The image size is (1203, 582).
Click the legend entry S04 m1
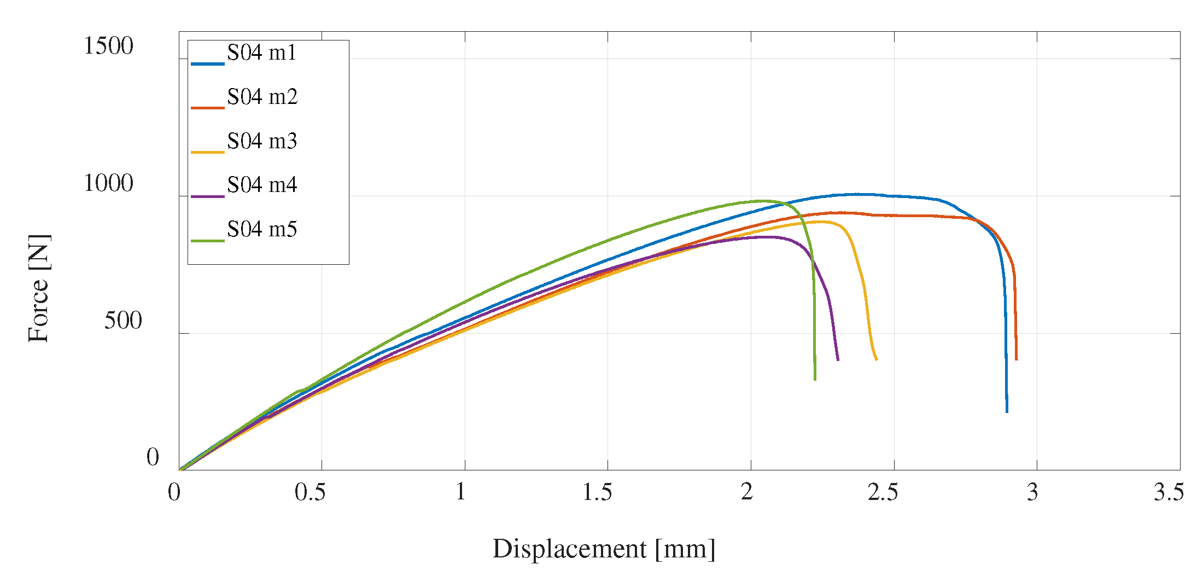pos(261,53)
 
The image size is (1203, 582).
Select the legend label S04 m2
pos(262,97)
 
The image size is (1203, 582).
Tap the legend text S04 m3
pos(262,142)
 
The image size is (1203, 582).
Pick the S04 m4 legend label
pos(262,185)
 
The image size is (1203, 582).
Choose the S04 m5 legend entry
pos(262,230)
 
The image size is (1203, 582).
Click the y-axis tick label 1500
pos(108,46)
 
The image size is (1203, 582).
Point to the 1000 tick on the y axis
pos(108,183)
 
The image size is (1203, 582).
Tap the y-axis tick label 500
pos(122,321)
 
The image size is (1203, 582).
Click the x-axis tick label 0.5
pos(310,492)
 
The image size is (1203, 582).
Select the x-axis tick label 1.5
pos(597,492)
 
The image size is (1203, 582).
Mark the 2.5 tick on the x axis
pos(883,492)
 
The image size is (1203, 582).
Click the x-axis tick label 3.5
pos(1169,492)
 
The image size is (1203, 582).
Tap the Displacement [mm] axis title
pos(604,549)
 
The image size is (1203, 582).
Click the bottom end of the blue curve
pos(1007,411)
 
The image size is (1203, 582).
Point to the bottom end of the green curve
pos(815,379)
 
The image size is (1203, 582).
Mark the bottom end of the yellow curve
pos(877,359)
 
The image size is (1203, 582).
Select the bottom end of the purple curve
pos(838,360)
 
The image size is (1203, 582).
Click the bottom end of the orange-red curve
pos(1016,359)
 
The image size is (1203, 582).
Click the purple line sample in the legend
pos(208,196)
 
